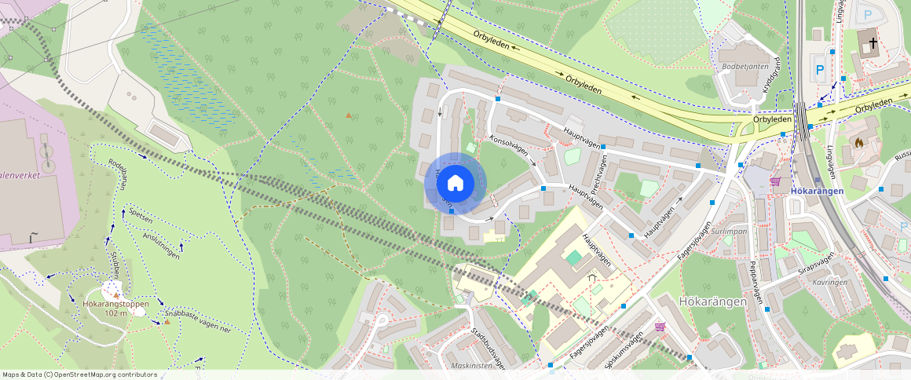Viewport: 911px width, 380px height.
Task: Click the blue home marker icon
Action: (455, 184)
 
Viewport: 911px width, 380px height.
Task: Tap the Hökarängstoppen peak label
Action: (115, 304)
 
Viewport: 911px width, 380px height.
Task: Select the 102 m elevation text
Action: (116, 313)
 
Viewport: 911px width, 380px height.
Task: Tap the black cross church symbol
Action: (871, 42)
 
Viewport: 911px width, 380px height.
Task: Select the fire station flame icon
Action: (859, 144)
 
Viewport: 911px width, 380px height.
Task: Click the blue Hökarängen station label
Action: (818, 191)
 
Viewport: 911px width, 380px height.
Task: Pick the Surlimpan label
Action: (730, 233)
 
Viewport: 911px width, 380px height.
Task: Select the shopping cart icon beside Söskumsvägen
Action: (660, 327)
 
